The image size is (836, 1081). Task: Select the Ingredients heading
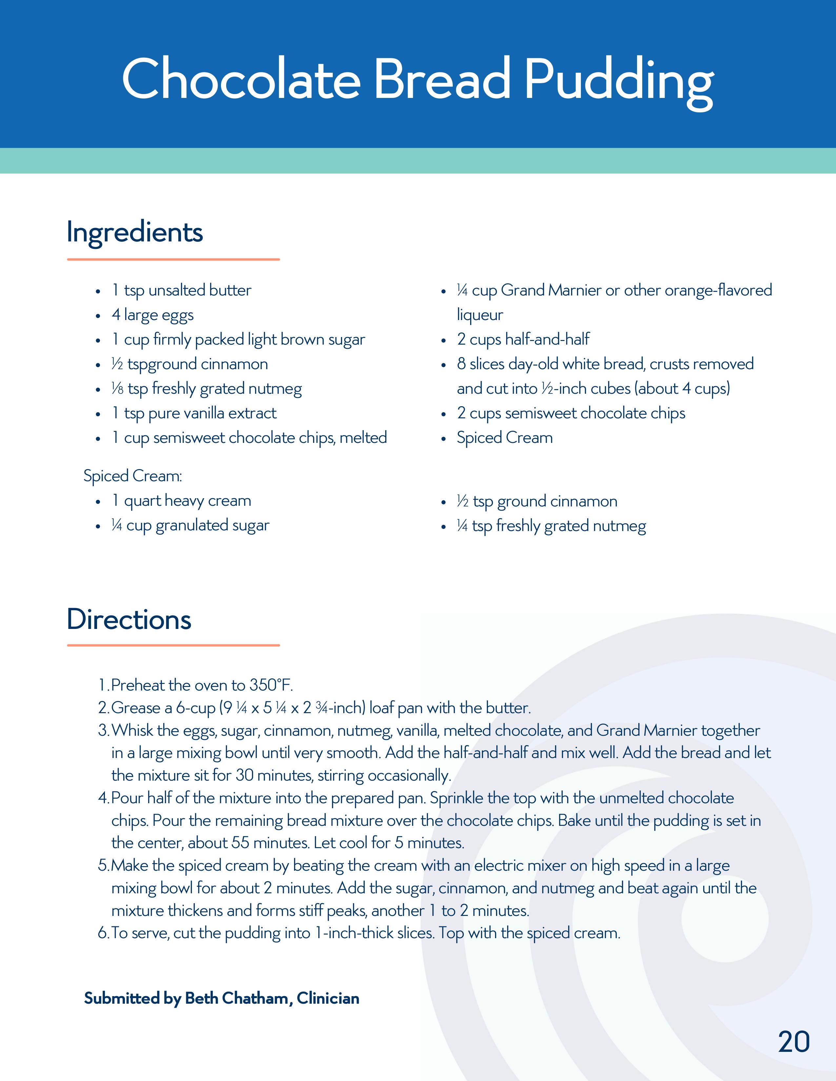(x=135, y=232)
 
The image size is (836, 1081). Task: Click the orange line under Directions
(x=173, y=645)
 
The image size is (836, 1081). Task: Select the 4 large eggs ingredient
(x=152, y=315)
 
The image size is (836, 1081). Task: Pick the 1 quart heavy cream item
(x=181, y=501)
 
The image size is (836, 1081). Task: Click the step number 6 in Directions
(x=103, y=934)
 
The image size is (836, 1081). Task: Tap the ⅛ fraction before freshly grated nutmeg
(x=117, y=389)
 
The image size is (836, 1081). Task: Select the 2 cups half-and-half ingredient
(x=523, y=340)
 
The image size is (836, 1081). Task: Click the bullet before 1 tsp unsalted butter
(x=98, y=291)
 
